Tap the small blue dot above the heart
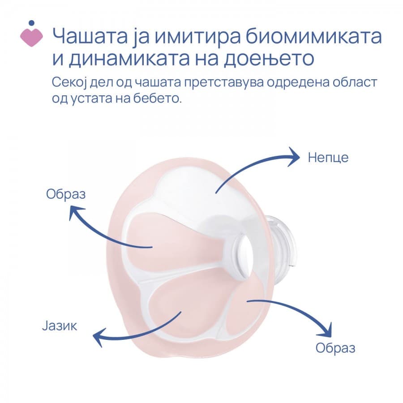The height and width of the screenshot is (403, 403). (x=31, y=22)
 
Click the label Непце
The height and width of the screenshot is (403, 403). (x=328, y=158)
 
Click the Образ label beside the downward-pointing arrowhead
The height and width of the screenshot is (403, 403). (x=335, y=348)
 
